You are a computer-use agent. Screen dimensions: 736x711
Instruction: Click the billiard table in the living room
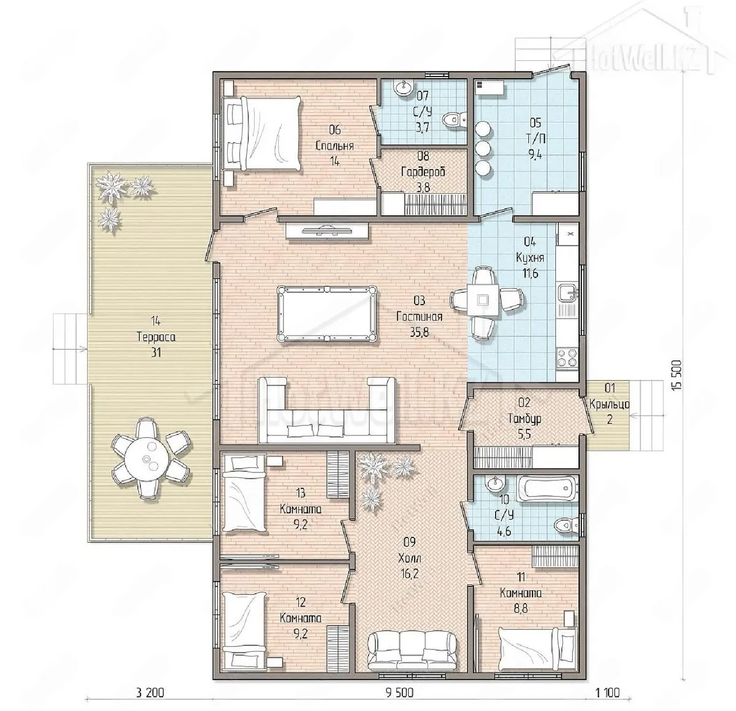tap(327, 314)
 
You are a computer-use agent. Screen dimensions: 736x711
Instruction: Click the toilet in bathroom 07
tap(454, 120)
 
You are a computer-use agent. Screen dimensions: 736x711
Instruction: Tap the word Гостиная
tap(419, 316)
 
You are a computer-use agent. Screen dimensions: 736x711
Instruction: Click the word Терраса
tap(156, 337)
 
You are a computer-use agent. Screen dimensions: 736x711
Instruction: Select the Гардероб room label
tap(423, 172)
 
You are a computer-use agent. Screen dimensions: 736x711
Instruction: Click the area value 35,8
tap(419, 332)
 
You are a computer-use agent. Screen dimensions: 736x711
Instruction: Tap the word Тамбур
tap(524, 419)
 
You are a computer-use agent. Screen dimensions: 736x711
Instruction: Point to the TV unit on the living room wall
tap(327, 230)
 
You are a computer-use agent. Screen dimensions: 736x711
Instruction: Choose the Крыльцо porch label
tap(609, 405)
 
